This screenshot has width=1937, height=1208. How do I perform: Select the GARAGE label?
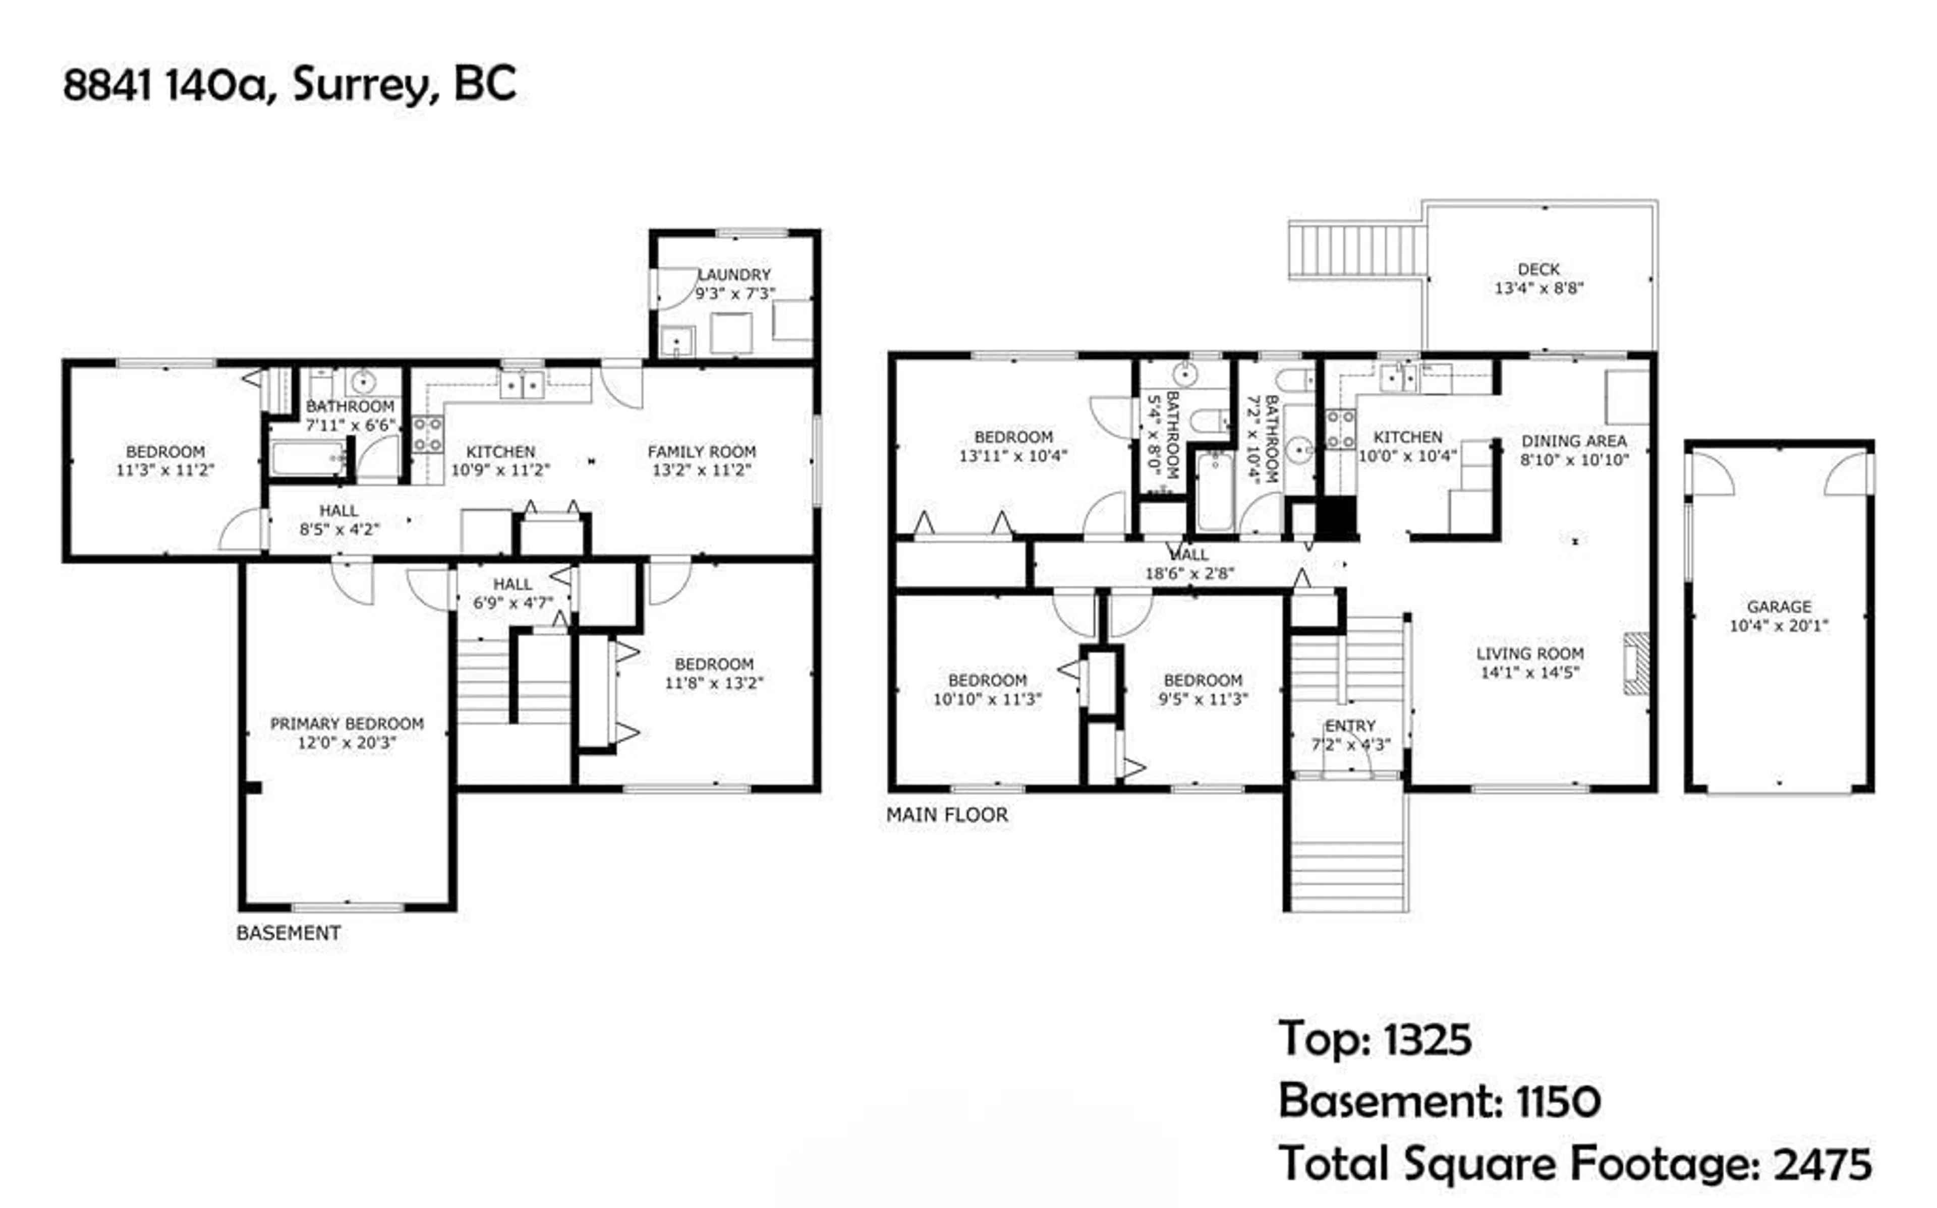(1779, 607)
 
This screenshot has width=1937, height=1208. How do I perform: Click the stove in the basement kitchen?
(428, 434)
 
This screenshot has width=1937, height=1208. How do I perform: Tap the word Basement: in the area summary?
(1390, 1101)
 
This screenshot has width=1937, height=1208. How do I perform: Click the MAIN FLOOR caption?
(947, 815)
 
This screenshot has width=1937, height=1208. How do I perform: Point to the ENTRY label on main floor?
(1350, 726)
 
